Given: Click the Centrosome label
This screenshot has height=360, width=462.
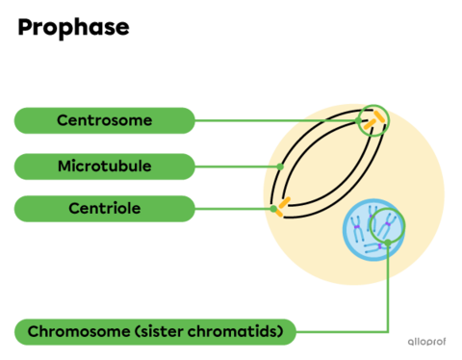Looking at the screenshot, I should [x=104, y=120].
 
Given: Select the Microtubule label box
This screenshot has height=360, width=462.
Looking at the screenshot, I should [x=104, y=166].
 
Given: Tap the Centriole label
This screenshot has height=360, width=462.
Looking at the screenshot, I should [x=104, y=208].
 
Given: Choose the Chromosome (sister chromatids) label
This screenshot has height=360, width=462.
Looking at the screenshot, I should [x=154, y=332].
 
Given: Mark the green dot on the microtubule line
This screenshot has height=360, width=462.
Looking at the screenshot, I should [x=281, y=166].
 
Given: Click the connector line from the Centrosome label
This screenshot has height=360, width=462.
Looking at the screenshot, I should [x=279, y=120].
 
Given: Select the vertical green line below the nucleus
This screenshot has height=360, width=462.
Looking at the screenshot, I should [x=388, y=289].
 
